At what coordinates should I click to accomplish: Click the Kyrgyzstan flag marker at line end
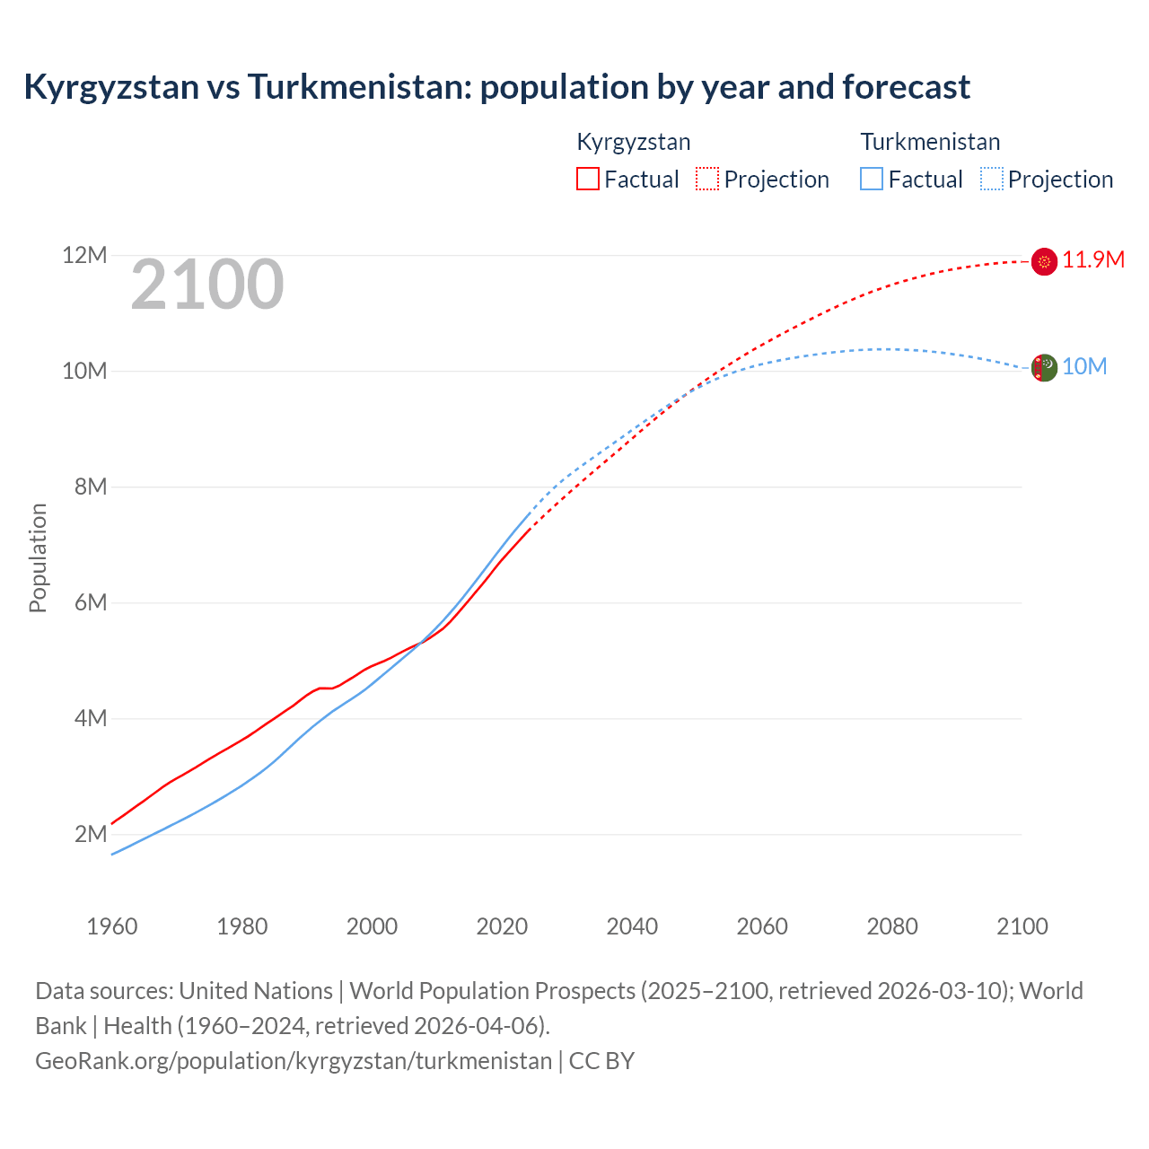(x=1044, y=261)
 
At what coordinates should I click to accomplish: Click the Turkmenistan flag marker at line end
(x=1044, y=368)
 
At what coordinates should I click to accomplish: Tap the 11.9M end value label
(x=1093, y=260)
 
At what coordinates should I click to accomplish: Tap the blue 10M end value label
(x=1084, y=367)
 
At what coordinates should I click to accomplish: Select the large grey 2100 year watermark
(x=207, y=285)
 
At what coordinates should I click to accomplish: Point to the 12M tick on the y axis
(x=84, y=256)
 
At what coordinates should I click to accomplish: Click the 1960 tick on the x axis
(x=112, y=926)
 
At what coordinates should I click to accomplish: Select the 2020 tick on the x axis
(x=502, y=926)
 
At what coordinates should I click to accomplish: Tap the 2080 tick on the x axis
(x=892, y=926)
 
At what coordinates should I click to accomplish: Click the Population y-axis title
(x=38, y=557)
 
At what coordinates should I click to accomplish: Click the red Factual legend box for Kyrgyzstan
(x=588, y=180)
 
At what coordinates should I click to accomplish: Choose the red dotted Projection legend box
(x=707, y=180)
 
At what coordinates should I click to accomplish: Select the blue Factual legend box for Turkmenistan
(x=872, y=180)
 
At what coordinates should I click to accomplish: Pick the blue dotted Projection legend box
(x=992, y=180)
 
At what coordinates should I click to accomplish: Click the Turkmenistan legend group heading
(x=930, y=142)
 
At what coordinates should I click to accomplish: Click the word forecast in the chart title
(x=906, y=87)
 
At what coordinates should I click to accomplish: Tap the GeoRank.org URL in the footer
(x=294, y=1061)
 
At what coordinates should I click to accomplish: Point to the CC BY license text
(x=601, y=1061)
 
